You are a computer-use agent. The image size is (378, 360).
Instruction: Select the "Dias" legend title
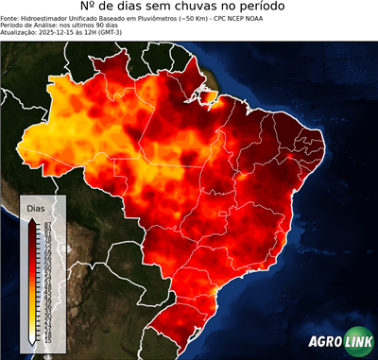(36, 207)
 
